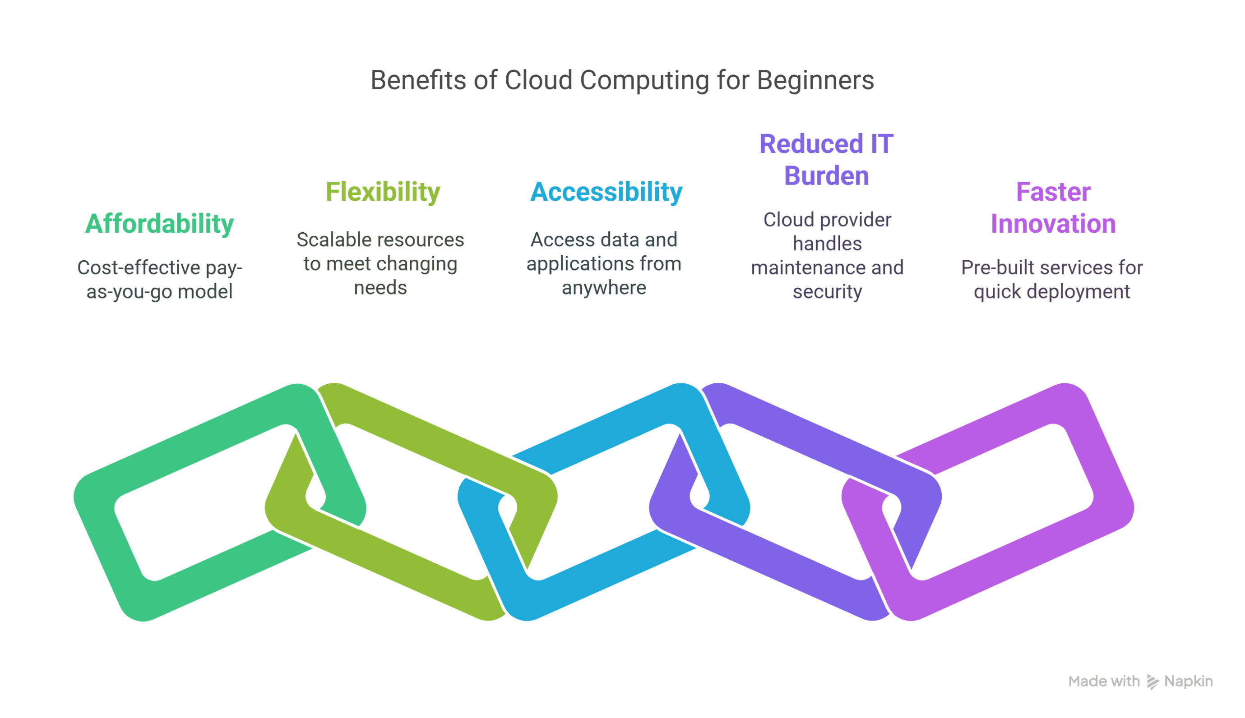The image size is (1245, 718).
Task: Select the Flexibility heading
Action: tap(383, 192)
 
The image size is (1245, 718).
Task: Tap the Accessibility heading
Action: tap(606, 192)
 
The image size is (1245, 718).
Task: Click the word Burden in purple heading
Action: tap(826, 176)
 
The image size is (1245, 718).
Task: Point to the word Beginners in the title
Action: tap(815, 80)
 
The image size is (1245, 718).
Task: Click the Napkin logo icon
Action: tap(1152, 681)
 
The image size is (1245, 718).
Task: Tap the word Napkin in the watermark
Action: tap(1189, 681)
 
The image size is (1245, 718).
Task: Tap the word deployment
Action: tap(1080, 292)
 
